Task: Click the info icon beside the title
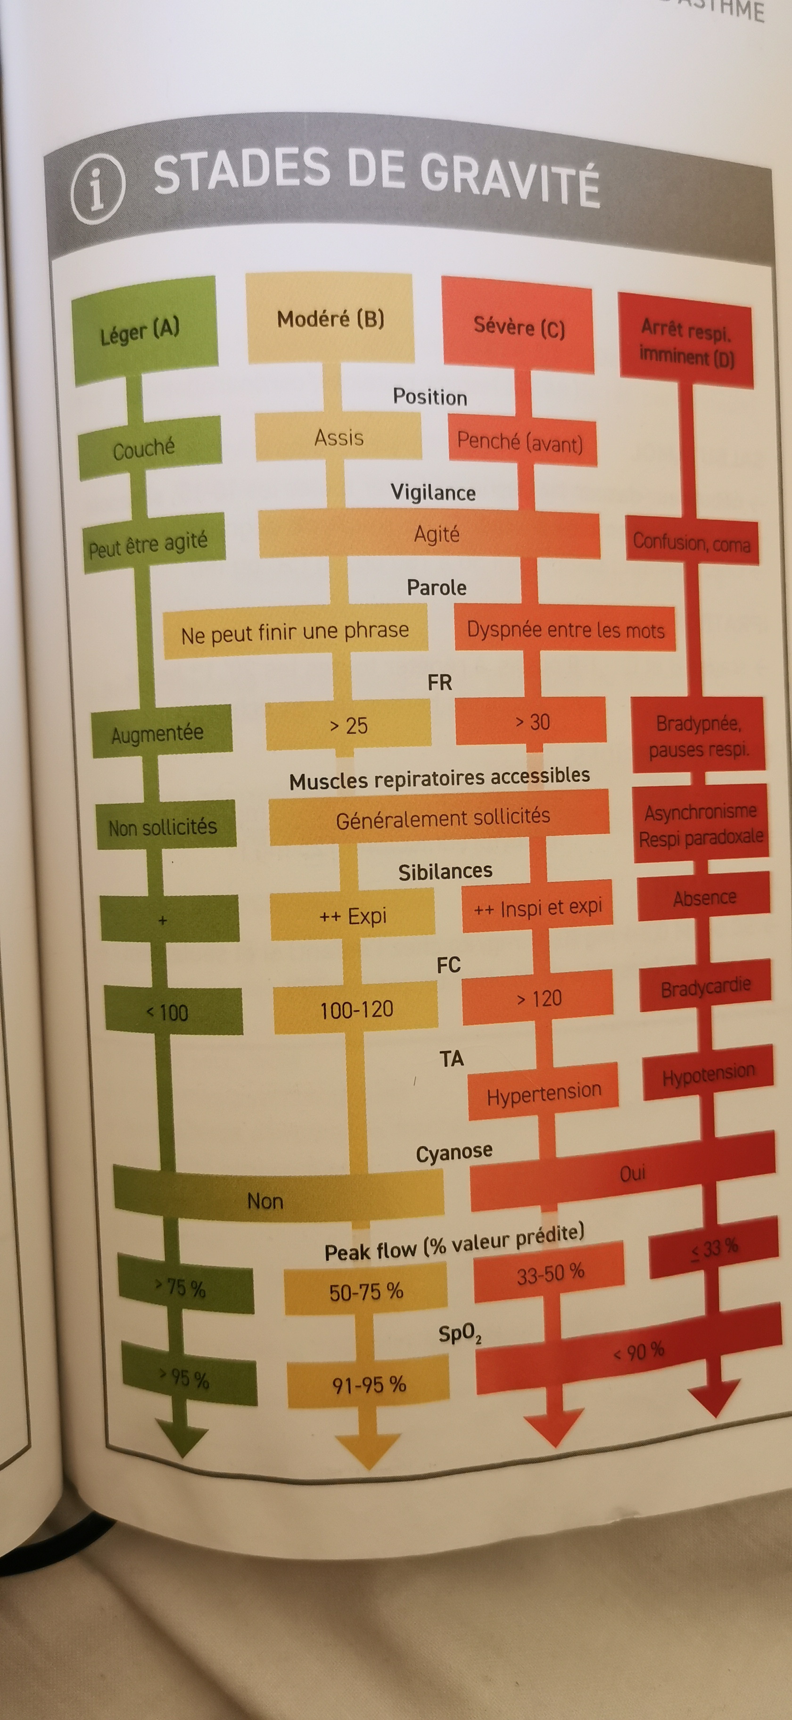[98, 191]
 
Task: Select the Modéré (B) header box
[330, 319]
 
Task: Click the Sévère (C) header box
[518, 327]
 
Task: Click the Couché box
[148, 448]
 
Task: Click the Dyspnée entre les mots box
[565, 629]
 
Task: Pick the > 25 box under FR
[348, 725]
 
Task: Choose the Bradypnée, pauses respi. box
[698, 735]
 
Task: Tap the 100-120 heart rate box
[356, 1009]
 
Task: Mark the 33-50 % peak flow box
[550, 1273]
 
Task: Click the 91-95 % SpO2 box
[369, 1384]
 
